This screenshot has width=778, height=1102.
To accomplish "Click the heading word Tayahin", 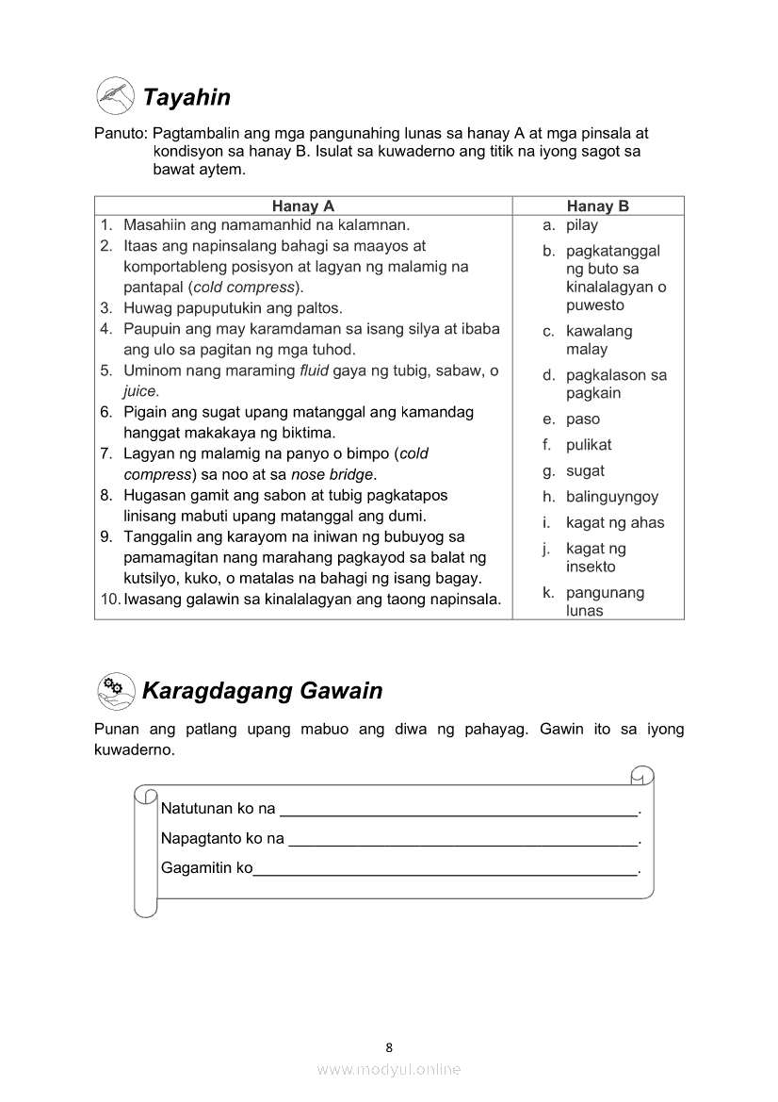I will pos(186,97).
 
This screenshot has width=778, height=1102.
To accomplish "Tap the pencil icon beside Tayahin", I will pos(116,96).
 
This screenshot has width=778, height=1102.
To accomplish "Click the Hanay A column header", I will pos(303,206).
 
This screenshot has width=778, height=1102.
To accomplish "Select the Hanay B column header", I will pos(597,206).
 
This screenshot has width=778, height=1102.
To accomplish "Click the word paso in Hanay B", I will pos(583,419).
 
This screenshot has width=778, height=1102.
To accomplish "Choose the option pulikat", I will pos(589,445).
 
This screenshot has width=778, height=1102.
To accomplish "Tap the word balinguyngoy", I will pos(612,497).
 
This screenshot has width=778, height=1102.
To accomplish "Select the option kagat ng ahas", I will pos(615,522).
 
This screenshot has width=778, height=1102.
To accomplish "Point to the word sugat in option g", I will pos(585,471).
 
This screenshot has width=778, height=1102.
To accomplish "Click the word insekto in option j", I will pos(591,567).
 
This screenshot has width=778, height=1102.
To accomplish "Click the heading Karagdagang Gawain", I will pos(262,691).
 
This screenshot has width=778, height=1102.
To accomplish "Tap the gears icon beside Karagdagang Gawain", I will pos(116,691).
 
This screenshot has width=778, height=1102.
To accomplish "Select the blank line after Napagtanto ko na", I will pos(462,840).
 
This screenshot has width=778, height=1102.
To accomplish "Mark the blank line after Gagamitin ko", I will pos(446,870).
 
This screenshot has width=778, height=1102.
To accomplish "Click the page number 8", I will pos(389,1046).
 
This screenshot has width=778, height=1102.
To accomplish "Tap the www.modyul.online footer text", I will pos(389,1069).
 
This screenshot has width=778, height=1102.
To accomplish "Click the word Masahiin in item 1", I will pos(155,225).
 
